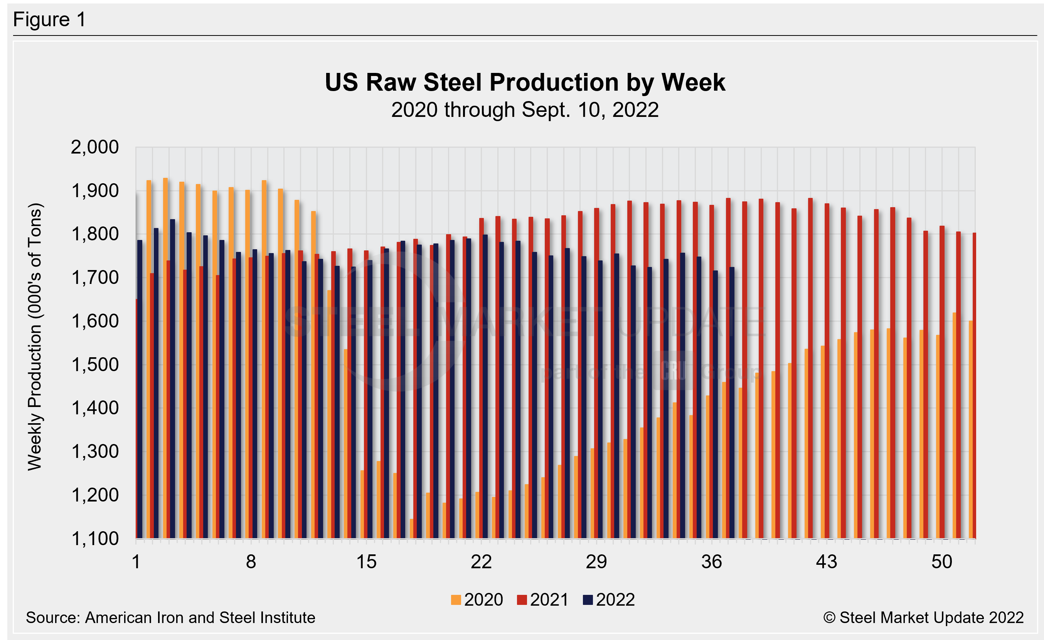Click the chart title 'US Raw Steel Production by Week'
[525, 82]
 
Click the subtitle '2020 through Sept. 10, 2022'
[525, 110]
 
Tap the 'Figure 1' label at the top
[50, 20]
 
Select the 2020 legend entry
[477, 600]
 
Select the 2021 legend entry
[543, 600]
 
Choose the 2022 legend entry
[609, 600]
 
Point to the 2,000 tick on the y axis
[94, 147]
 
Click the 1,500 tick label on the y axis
[94, 365]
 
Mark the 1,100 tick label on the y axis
[94, 539]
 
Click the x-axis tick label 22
[481, 562]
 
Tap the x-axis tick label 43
[827, 562]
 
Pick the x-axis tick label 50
[941, 562]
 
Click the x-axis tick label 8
[251, 562]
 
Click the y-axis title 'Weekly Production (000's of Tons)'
[35, 337]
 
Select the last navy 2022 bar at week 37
[732, 403]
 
